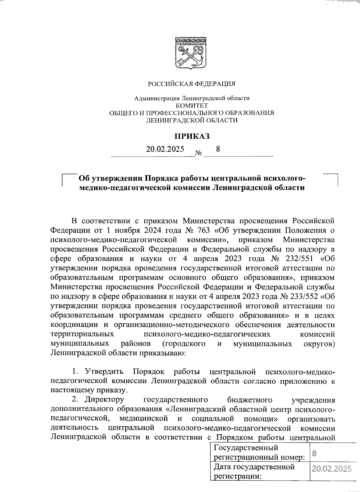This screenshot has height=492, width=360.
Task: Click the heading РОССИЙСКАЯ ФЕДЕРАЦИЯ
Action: click(x=192, y=84)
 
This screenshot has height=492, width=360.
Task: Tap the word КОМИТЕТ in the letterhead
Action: click(x=191, y=105)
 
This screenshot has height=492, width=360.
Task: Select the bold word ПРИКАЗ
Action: click(x=192, y=136)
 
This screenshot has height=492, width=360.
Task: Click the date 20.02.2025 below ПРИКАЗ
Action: click(x=165, y=149)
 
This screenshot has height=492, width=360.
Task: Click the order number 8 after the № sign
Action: click(x=218, y=149)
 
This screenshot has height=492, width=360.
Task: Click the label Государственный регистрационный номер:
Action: click(x=259, y=453)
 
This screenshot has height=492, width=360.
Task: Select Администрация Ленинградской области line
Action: click(x=192, y=98)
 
